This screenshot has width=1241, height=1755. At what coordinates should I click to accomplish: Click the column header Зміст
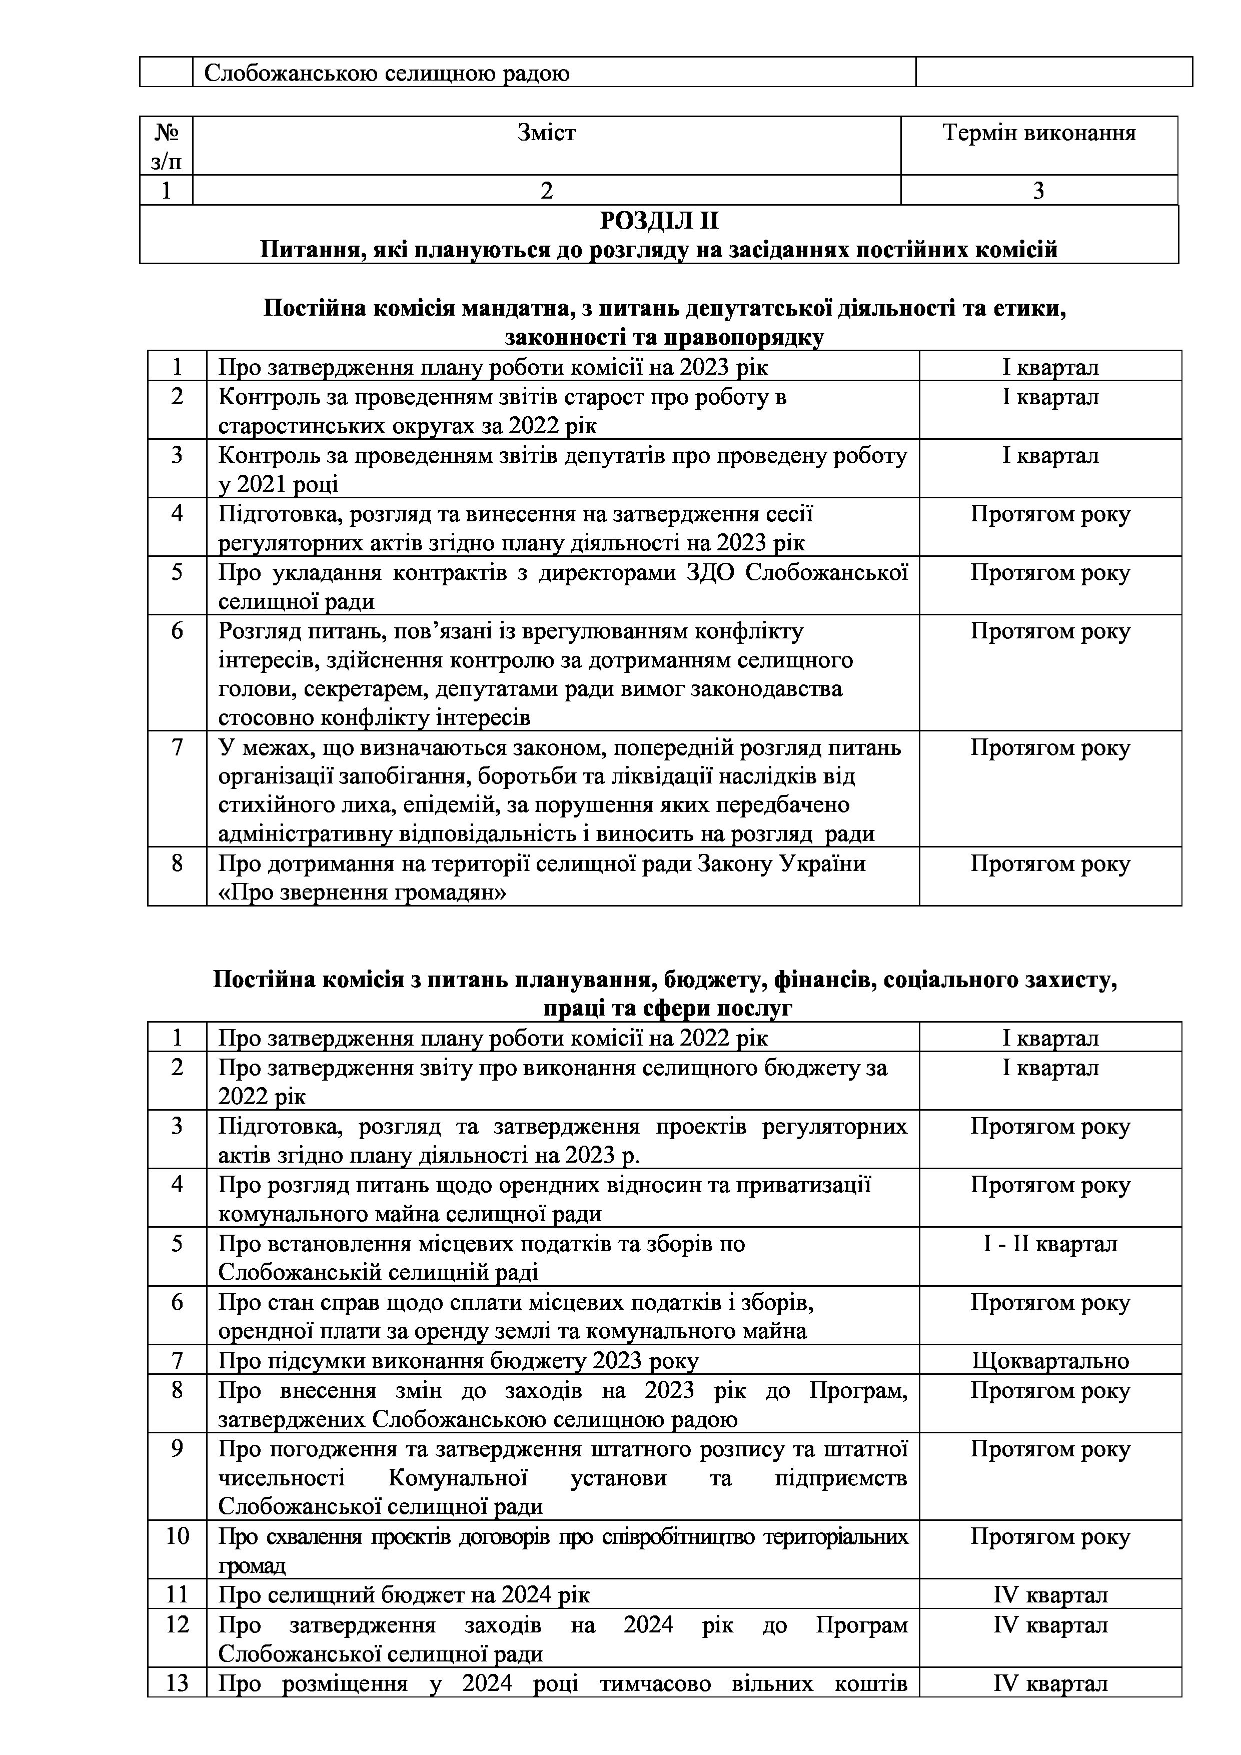pos(546,133)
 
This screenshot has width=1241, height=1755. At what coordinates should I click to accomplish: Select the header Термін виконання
pos(1038,133)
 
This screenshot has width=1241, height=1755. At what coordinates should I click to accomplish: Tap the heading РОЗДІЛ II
pos(659,221)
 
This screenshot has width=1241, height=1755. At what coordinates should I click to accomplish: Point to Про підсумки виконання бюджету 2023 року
pos(459,1361)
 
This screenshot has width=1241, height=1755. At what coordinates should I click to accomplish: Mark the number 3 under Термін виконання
pos(1038,190)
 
